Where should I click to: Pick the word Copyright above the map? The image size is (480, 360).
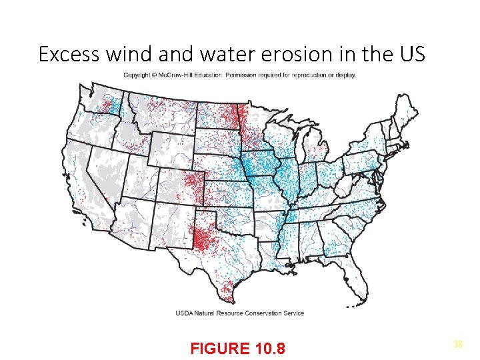(139, 75)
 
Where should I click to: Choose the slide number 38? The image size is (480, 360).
(458, 344)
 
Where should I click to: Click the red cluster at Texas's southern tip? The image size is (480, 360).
(227, 289)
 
